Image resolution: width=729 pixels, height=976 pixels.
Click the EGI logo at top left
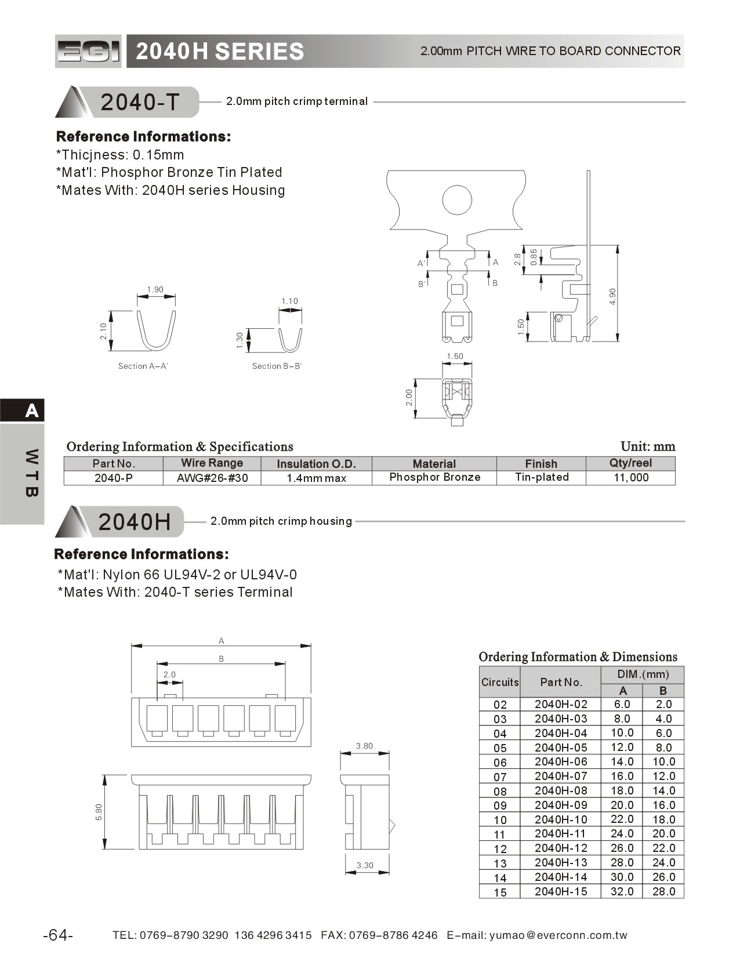pyautogui.click(x=88, y=52)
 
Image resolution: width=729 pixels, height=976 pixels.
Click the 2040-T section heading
pyautogui.click(x=140, y=102)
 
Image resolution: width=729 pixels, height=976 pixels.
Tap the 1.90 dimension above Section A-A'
pyautogui.click(x=155, y=289)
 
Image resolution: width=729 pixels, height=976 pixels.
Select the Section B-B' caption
pyautogui.click(x=277, y=366)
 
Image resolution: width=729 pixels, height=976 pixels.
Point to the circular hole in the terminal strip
pyautogui.click(x=456, y=200)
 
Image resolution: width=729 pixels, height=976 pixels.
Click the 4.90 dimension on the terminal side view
pyautogui.click(x=613, y=296)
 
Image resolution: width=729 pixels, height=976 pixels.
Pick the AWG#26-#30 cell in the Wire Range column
pyautogui.click(x=212, y=478)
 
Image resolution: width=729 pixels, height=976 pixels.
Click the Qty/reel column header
pyautogui.click(x=630, y=463)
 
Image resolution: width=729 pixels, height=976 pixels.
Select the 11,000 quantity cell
pyautogui.click(x=630, y=478)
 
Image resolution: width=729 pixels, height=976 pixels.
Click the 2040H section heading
pyautogui.click(x=135, y=522)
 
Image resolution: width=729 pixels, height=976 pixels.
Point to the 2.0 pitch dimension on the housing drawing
pyautogui.click(x=169, y=674)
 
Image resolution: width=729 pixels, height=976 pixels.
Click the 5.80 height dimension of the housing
pyautogui.click(x=99, y=811)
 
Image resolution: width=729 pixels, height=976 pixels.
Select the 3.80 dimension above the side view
pyautogui.click(x=364, y=746)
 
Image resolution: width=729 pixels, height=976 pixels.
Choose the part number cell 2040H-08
pyautogui.click(x=560, y=790)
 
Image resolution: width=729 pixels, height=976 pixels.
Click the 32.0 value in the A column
pyautogui.click(x=622, y=891)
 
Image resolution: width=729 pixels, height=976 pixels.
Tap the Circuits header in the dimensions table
pyautogui.click(x=500, y=682)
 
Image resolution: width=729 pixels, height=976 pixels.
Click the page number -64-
pyautogui.click(x=58, y=935)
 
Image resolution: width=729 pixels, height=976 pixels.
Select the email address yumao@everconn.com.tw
pyautogui.click(x=558, y=935)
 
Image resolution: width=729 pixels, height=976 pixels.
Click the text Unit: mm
pyautogui.click(x=647, y=447)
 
